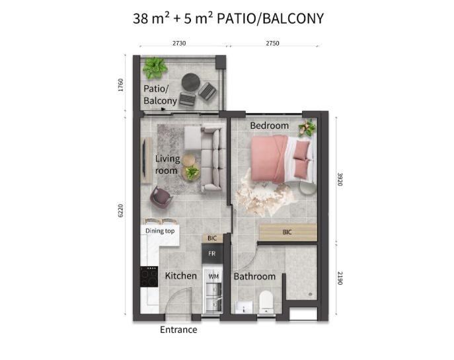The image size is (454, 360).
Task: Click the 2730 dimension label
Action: (x=179, y=43)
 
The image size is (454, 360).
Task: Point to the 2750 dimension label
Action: (x=272, y=43)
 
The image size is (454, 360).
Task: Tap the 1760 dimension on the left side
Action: (x=121, y=85)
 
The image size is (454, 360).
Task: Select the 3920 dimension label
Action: (x=340, y=180)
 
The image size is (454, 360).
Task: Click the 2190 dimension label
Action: (x=340, y=278)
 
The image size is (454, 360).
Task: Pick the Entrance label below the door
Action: (x=178, y=330)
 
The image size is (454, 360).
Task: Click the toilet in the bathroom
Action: (x=266, y=302)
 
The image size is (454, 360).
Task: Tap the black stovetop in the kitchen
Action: (x=149, y=277)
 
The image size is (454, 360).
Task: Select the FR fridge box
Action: (x=212, y=254)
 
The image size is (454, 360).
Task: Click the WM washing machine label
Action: (x=213, y=277)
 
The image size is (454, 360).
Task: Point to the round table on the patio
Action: (x=191, y=83)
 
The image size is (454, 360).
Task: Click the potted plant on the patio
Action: (x=155, y=68)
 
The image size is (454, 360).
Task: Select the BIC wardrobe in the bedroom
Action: (x=288, y=232)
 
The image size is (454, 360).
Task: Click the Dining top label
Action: (x=160, y=231)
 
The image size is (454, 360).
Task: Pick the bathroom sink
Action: (x=243, y=307)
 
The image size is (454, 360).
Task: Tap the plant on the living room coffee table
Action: (x=192, y=172)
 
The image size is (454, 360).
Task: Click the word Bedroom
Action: (x=269, y=126)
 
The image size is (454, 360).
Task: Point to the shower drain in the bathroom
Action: (x=311, y=295)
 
